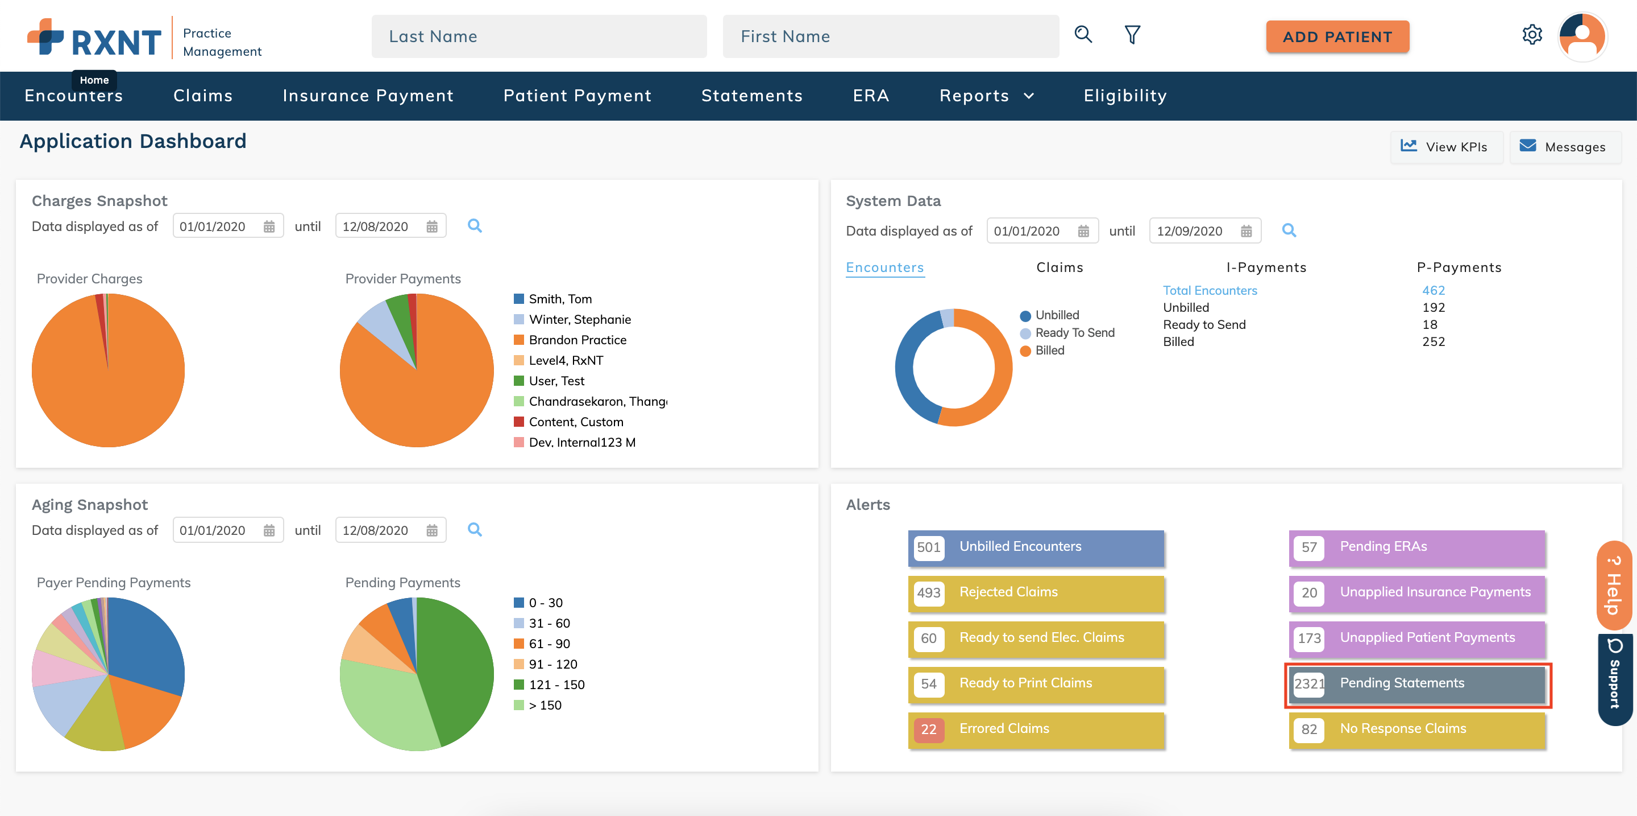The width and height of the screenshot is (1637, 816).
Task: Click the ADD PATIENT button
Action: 1337,37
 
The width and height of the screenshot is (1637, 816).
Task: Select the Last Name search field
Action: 538,37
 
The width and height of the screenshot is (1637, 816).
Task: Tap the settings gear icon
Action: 1531,35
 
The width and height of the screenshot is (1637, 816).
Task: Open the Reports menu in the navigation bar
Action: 986,96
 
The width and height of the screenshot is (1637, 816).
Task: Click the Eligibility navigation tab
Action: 1125,96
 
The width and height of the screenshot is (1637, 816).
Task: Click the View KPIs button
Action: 1445,147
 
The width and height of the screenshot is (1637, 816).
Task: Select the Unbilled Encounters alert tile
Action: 1036,547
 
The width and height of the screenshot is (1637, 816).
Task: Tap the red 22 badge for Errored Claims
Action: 928,730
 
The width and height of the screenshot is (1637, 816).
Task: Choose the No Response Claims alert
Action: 1417,730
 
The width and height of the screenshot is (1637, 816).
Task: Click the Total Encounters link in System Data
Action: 1210,291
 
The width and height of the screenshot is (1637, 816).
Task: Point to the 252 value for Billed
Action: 1433,341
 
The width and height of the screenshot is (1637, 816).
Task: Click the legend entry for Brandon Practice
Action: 577,340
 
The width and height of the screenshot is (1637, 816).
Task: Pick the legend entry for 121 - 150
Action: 556,685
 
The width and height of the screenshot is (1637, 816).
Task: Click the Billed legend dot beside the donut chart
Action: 1025,351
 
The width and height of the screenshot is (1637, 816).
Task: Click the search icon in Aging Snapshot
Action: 474,530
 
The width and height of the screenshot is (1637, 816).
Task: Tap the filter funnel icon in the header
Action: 1132,35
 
